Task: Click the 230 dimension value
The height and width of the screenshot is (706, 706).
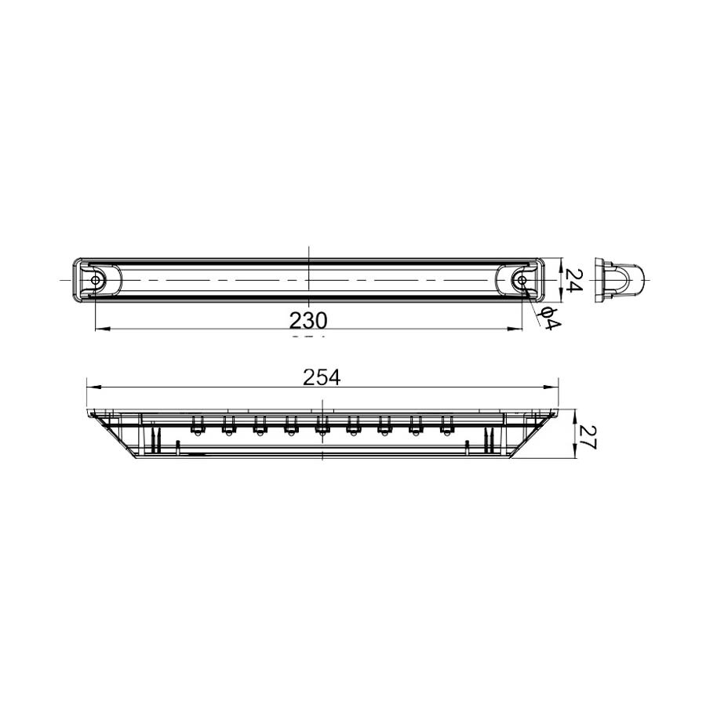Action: click(308, 319)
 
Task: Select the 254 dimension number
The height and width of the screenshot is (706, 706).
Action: click(322, 377)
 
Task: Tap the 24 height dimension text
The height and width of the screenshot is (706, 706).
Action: click(575, 280)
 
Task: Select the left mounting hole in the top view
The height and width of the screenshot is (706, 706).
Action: click(96, 280)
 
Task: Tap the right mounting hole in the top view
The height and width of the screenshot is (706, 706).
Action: click(522, 280)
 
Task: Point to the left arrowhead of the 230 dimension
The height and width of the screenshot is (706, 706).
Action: click(99, 329)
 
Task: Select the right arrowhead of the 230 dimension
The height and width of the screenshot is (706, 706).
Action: click(519, 329)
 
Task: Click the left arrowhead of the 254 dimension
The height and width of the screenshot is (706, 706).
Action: click(91, 387)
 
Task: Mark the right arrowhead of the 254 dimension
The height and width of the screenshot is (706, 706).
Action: click(553, 387)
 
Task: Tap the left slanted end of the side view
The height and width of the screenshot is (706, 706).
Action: click(114, 435)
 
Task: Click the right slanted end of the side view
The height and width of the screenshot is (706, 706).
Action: click(530, 435)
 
